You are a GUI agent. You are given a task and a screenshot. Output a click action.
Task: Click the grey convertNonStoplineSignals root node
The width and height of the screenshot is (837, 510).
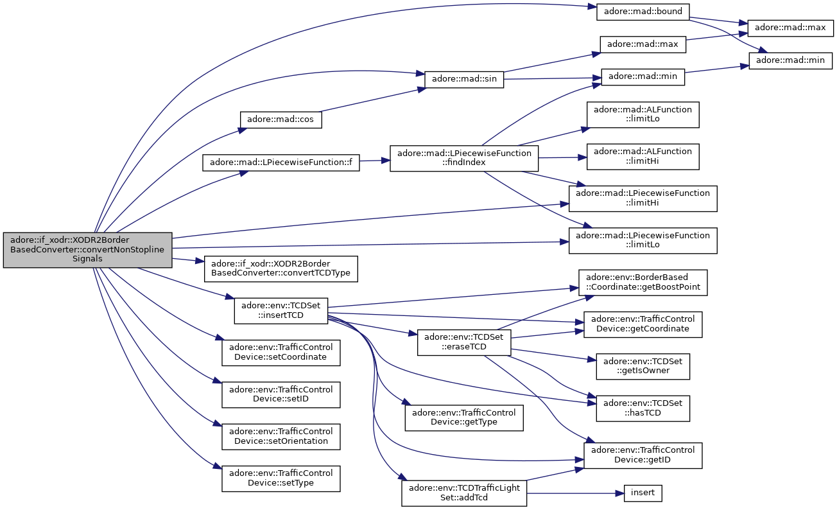(87, 250)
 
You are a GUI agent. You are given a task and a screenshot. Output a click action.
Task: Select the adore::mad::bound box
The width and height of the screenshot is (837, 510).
(643, 12)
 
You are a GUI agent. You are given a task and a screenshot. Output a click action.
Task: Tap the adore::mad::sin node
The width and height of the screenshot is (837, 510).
(464, 79)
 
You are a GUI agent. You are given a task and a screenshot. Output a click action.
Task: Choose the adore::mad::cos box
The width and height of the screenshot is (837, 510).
(280, 119)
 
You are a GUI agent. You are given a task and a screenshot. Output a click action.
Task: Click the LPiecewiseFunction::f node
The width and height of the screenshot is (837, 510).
(281, 163)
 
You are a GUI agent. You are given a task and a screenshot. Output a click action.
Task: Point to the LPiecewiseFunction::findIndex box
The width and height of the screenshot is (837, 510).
(464, 158)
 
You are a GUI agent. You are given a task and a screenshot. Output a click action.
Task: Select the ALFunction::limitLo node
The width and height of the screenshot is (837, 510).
(643, 114)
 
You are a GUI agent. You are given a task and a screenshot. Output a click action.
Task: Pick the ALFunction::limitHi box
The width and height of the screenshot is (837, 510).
(643, 156)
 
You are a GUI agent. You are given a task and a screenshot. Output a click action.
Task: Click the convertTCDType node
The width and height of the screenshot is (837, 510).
(281, 268)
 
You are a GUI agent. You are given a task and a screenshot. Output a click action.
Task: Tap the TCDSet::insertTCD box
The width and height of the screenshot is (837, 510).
(281, 311)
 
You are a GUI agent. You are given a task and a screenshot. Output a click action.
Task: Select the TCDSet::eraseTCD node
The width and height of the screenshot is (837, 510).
(464, 342)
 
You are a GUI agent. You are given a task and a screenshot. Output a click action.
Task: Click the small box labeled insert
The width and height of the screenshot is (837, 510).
(643, 493)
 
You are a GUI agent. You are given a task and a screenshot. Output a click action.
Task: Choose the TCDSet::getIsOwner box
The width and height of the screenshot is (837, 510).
(643, 366)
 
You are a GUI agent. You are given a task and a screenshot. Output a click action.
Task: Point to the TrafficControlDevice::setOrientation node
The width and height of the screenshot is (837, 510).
(281, 436)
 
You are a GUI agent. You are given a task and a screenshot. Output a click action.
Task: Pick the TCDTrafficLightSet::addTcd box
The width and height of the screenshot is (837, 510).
(464, 493)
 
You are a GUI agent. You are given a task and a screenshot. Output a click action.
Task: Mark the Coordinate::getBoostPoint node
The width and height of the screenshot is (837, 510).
(643, 283)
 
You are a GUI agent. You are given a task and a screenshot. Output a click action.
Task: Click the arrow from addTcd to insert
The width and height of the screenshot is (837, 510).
(575, 493)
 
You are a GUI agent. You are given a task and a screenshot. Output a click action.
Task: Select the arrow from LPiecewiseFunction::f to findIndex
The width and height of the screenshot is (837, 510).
(375, 161)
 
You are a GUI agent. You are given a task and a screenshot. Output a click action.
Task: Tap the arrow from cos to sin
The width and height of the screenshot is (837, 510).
(373, 100)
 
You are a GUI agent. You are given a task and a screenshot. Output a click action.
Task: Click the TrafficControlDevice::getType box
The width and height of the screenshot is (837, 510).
(464, 418)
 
